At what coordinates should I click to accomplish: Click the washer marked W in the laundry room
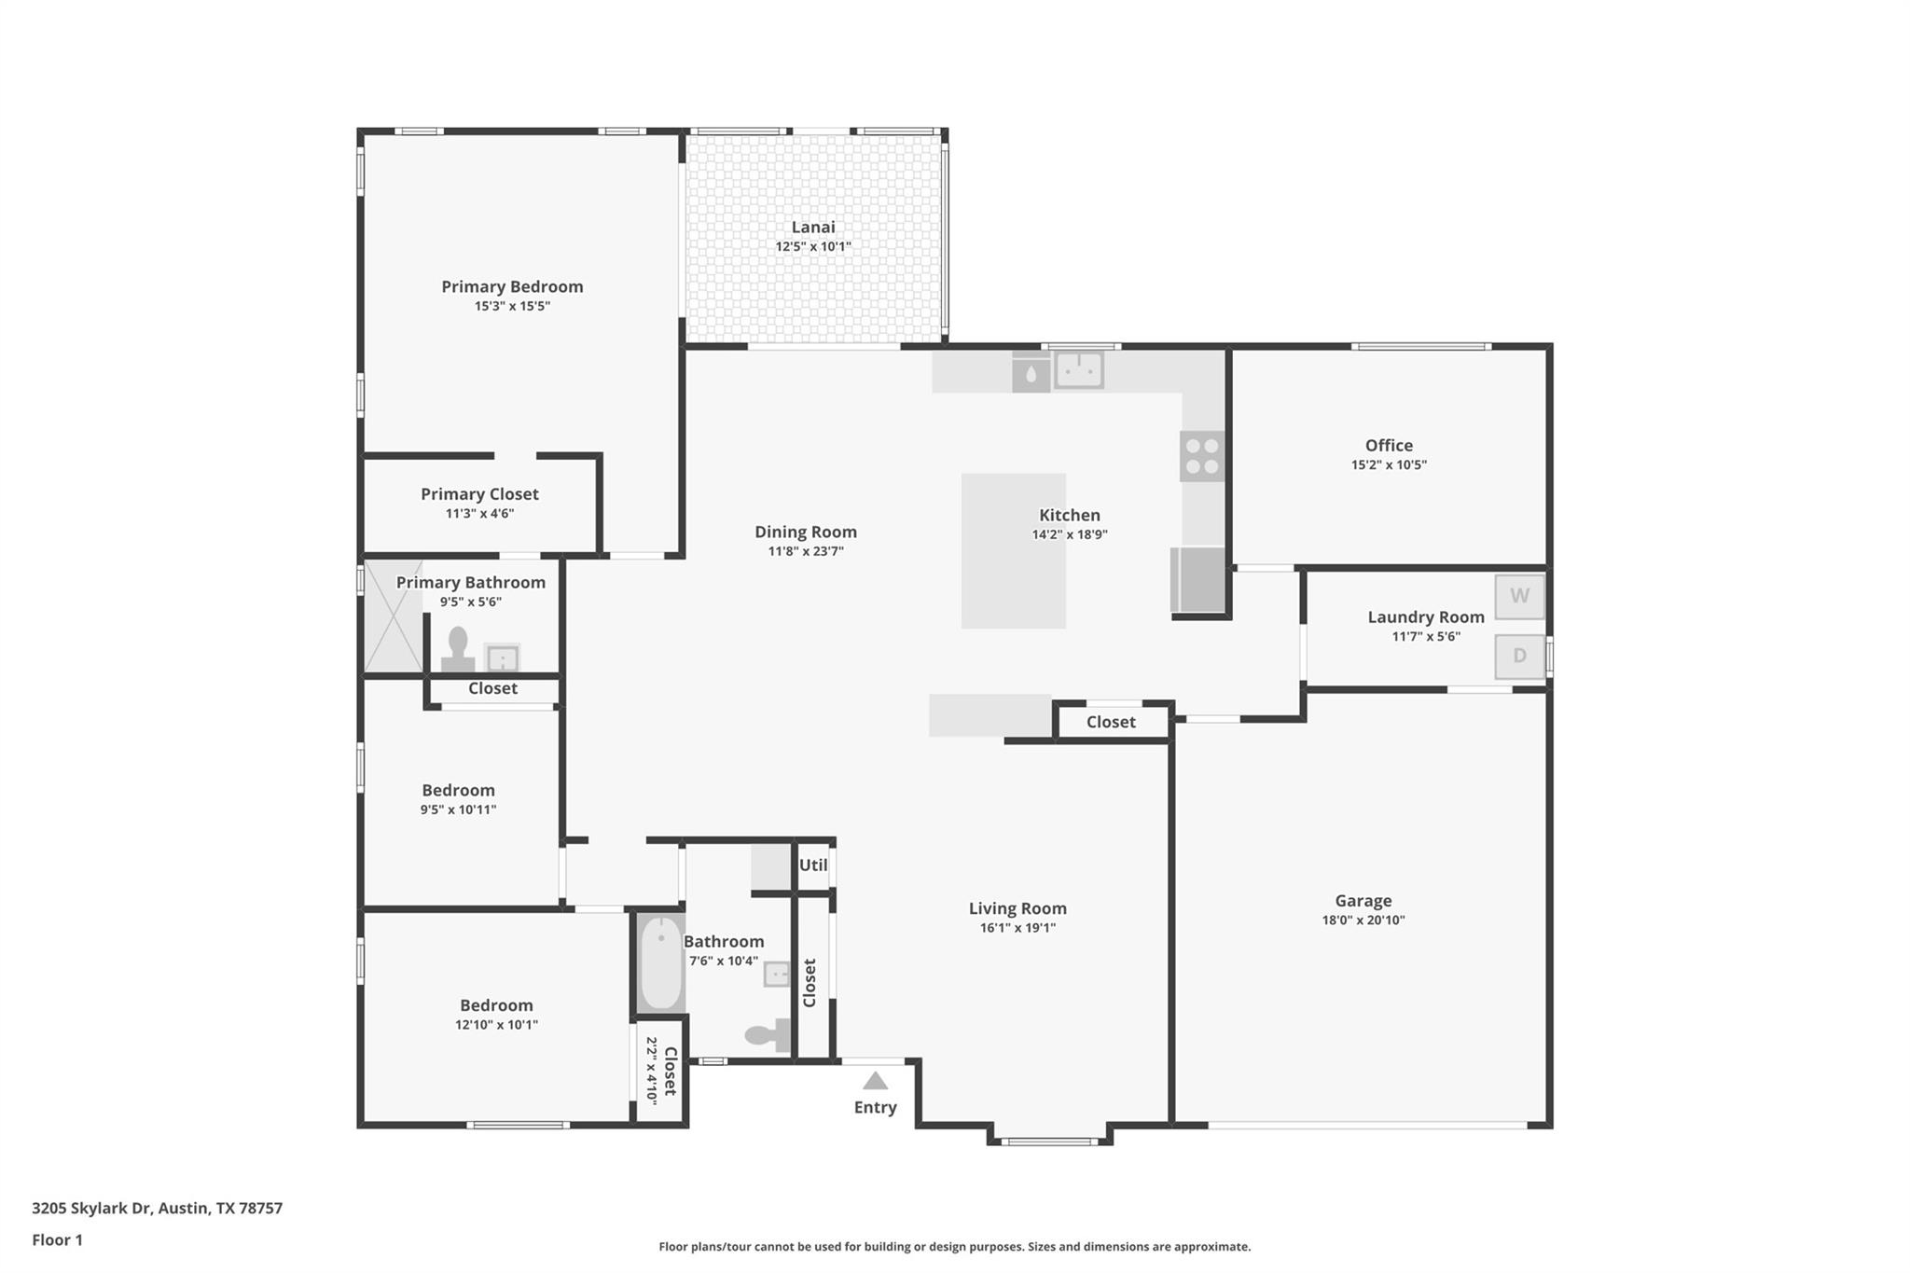tap(1519, 597)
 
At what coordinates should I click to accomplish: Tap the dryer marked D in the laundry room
tap(1519, 657)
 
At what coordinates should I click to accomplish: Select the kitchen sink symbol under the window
tap(1079, 369)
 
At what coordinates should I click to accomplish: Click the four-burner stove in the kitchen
tap(1201, 456)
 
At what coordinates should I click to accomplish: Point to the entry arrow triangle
tap(875, 1081)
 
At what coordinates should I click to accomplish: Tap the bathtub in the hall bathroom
tap(661, 963)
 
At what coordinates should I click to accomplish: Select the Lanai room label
tap(813, 227)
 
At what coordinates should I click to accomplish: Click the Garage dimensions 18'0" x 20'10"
tap(1363, 920)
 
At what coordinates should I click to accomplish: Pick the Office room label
tap(1389, 446)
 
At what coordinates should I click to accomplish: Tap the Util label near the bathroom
tap(813, 865)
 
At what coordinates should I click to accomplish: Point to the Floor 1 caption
tap(58, 1239)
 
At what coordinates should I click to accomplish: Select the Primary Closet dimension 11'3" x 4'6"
tap(479, 514)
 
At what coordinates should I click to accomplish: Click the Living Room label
tap(1017, 908)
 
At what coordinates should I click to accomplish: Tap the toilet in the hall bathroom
tap(768, 1034)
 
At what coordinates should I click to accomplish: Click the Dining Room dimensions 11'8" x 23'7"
tap(806, 551)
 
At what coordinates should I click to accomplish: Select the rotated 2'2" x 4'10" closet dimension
tap(652, 1072)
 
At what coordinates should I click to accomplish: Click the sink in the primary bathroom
tap(503, 658)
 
